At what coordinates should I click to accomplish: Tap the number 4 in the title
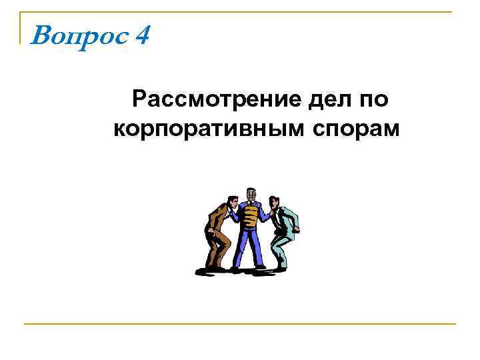pyautogui.click(x=141, y=33)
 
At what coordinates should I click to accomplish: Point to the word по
pyautogui.click(x=375, y=100)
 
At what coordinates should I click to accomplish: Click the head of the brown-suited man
pyautogui.click(x=231, y=201)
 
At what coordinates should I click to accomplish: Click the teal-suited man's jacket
pyautogui.click(x=286, y=220)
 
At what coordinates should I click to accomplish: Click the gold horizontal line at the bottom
pyautogui.click(x=240, y=324)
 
